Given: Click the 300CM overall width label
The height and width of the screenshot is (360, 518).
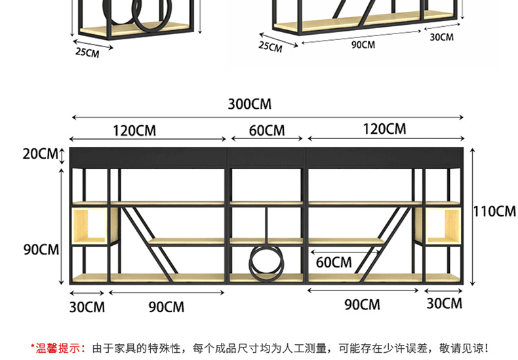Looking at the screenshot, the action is click(249, 104).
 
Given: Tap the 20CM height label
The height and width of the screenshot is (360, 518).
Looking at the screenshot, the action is click(40, 154).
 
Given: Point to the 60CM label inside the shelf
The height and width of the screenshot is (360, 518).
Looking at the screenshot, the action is click(334, 263).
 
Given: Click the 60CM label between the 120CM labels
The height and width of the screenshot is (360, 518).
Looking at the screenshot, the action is click(267, 130).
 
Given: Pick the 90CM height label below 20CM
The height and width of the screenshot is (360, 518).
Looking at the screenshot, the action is click(40, 250).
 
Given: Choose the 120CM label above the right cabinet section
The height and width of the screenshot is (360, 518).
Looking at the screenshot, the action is click(384, 129).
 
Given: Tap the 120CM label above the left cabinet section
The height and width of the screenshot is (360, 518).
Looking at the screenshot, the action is click(134, 130).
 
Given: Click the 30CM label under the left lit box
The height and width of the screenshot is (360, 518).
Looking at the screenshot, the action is click(87, 307).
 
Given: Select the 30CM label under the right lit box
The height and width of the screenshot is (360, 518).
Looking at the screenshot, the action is click(444, 303).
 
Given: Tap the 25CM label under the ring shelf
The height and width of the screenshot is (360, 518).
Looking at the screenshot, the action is click(87, 52).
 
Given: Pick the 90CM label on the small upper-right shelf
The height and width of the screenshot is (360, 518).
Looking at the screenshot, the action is click(363, 45).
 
